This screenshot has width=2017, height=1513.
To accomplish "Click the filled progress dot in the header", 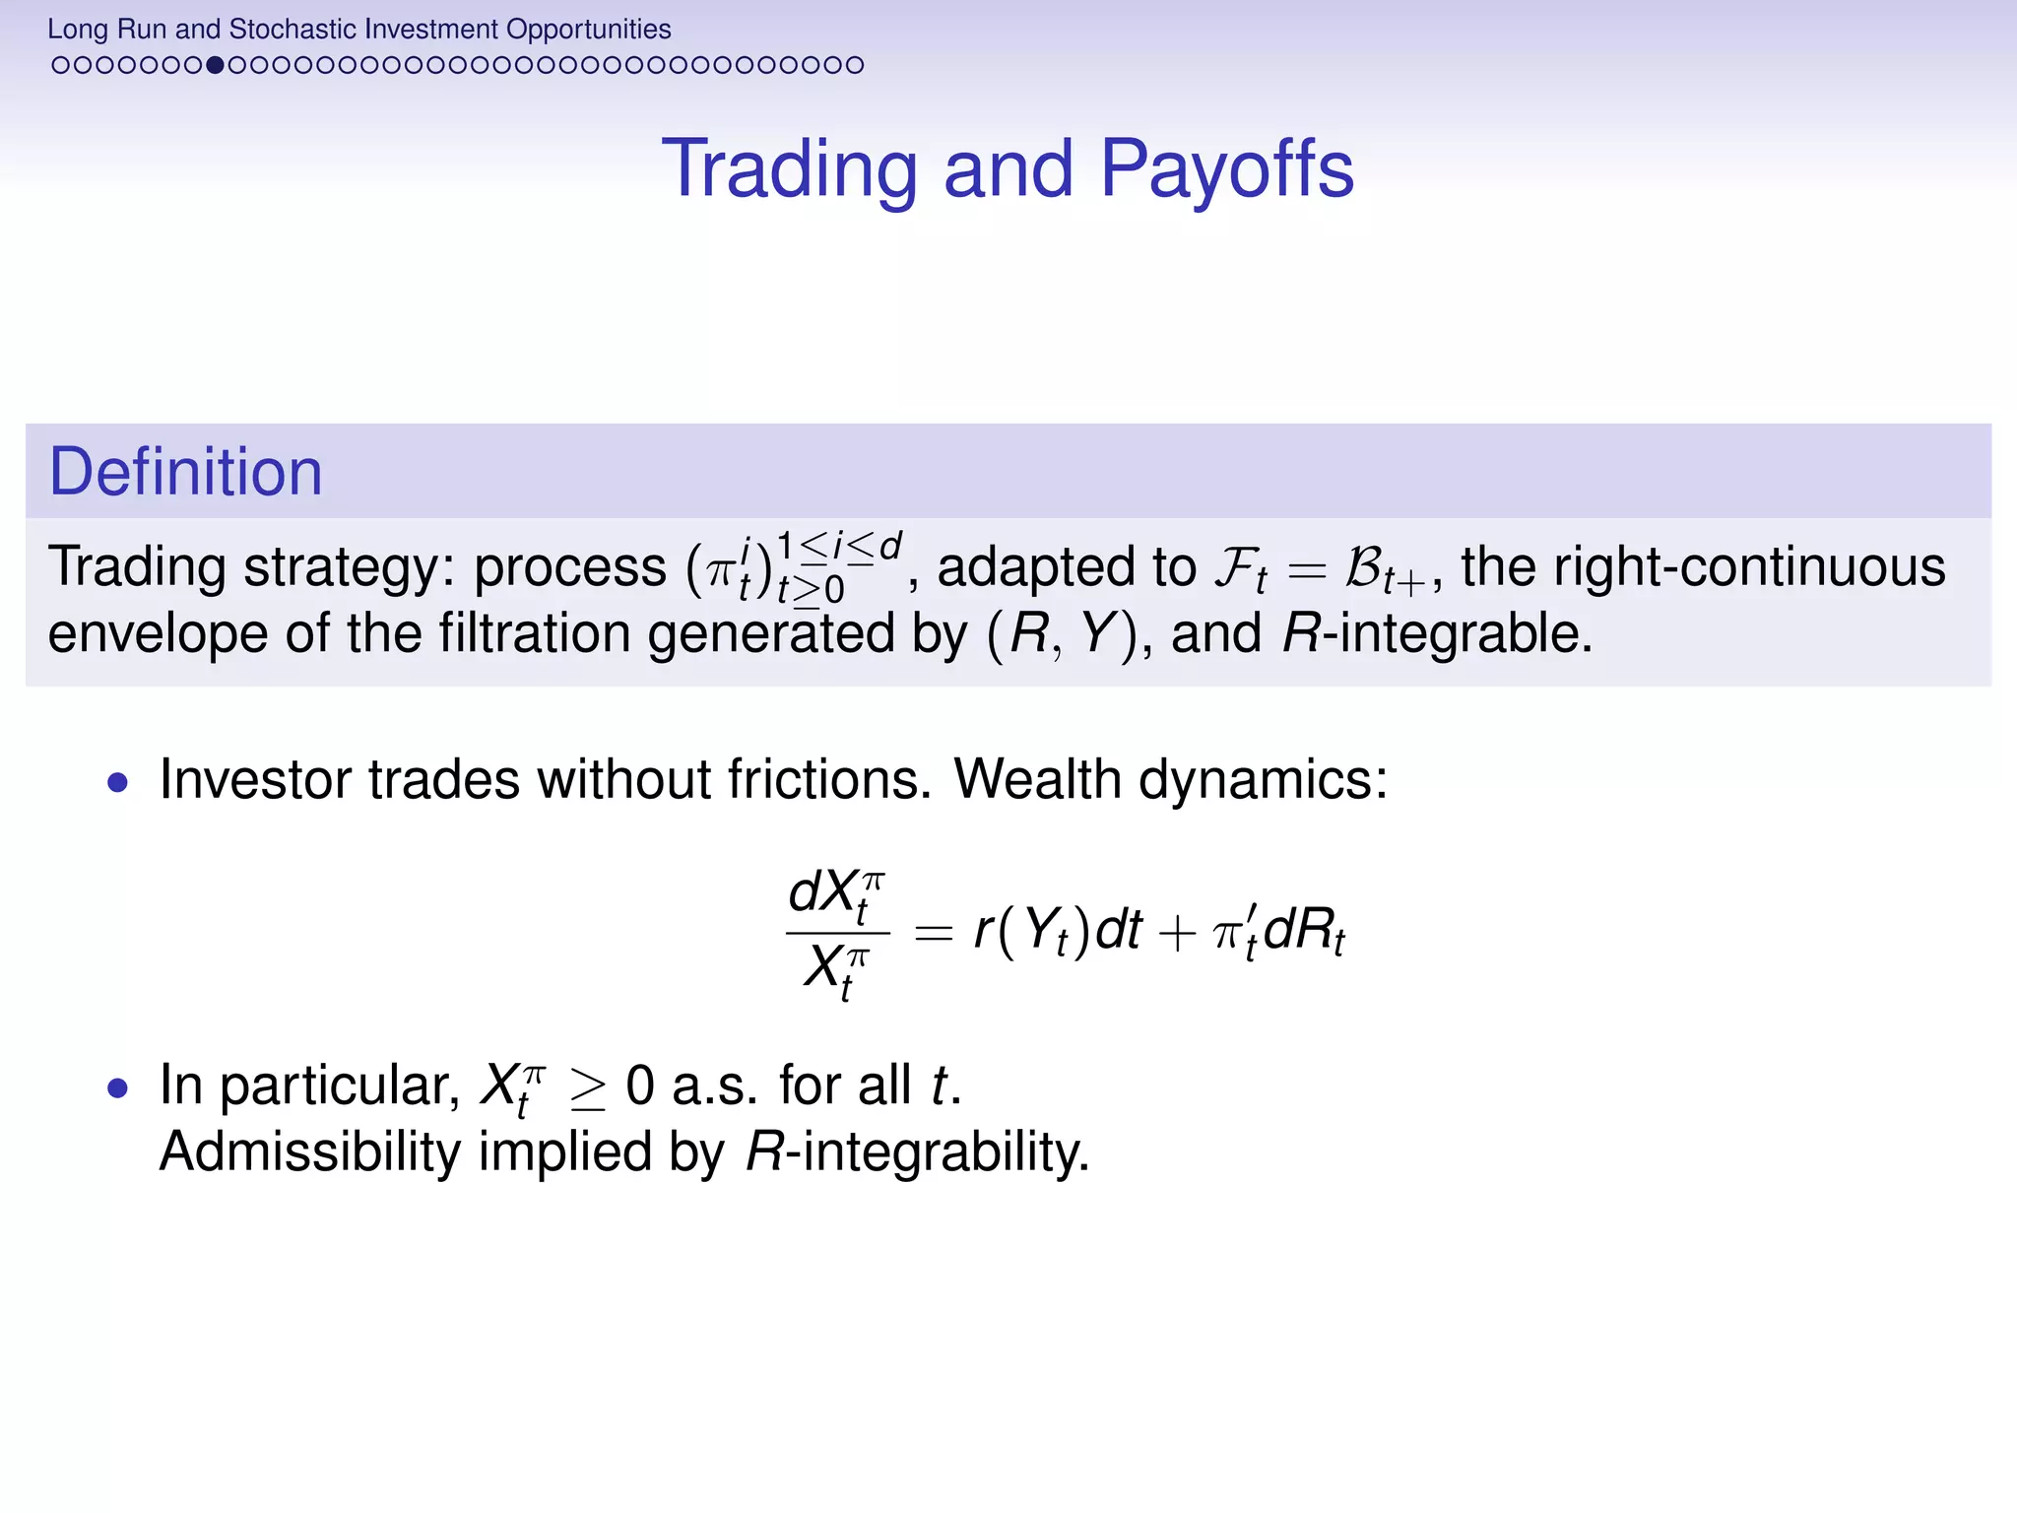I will pyautogui.click(x=214, y=65).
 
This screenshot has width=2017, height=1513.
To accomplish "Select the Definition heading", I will pyautogui.click(x=185, y=472).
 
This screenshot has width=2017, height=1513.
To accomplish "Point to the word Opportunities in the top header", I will pyautogui.click(x=588, y=29).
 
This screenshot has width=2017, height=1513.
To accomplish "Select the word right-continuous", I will pyautogui.click(x=1703, y=567).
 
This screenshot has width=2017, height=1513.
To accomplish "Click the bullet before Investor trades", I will pyautogui.click(x=118, y=783).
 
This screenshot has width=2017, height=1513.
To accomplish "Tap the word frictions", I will pyautogui.click(x=829, y=779).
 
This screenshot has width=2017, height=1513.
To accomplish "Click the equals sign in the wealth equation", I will pyautogui.click(x=933, y=931).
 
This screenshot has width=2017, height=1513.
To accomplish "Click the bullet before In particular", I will pyautogui.click(x=118, y=1088).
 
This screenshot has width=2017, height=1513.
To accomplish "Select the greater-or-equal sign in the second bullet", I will pyautogui.click(x=588, y=1089).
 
